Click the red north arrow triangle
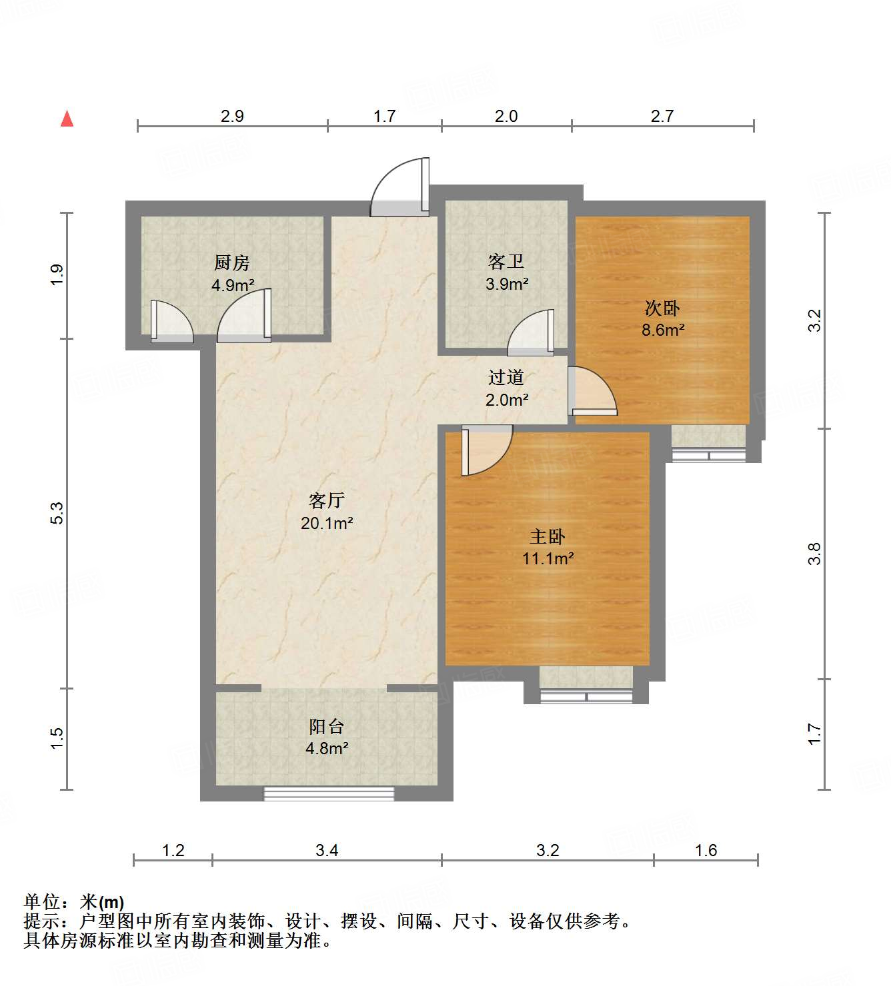point(67,119)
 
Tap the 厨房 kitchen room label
point(231,262)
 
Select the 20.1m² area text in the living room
point(326,524)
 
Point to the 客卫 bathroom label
point(506,261)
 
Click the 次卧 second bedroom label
point(662,308)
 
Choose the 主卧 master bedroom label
point(547,536)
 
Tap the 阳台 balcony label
point(326,726)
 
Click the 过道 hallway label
point(506,378)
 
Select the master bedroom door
point(485,450)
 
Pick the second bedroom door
point(592,392)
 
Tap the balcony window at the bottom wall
point(329,793)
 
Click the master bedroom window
point(586,697)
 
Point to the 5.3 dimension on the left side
point(57,512)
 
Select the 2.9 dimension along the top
point(232,116)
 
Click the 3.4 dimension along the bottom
point(327,850)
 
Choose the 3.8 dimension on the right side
point(814,554)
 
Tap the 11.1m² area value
point(548,558)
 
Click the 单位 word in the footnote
point(41,902)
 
